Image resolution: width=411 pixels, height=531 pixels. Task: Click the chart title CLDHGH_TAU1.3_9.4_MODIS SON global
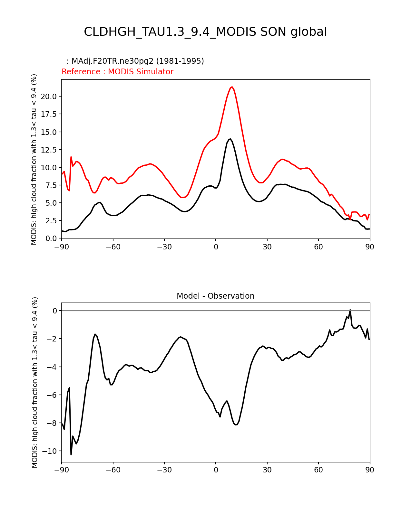(205, 32)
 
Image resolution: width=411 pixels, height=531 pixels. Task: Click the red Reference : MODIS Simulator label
(117, 72)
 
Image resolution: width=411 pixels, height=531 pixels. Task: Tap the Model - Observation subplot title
(215, 296)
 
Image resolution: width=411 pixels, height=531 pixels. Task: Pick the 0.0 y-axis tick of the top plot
(51, 238)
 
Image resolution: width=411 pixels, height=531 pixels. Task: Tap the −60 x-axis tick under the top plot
(113, 247)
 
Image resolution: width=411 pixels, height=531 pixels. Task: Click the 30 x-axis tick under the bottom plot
(267, 470)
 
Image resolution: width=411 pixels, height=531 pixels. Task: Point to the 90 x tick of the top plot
(370, 247)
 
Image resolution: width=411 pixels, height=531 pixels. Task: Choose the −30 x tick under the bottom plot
(164, 470)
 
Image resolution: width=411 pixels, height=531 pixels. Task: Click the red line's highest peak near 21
(232, 87)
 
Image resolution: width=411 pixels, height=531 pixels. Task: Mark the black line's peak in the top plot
(230, 139)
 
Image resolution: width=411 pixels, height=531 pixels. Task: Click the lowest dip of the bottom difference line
(71, 454)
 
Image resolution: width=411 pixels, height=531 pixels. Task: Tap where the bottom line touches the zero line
(350, 311)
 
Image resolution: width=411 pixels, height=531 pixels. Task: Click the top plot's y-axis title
(34, 159)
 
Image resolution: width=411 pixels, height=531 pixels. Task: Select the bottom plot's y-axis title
(35, 382)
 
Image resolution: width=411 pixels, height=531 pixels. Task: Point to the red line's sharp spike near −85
(71, 157)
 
